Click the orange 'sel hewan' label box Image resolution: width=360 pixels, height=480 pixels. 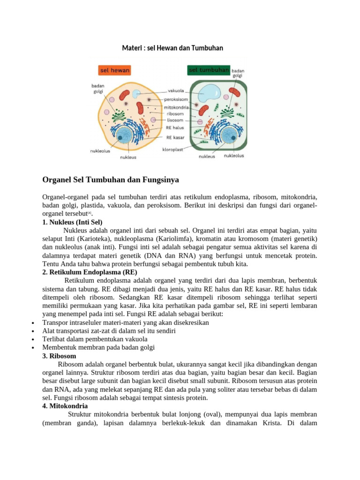click(x=114, y=70)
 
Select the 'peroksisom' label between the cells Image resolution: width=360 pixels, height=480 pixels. click(x=176, y=99)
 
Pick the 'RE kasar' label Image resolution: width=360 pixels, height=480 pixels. click(x=175, y=137)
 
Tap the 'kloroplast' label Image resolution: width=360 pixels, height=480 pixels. click(x=172, y=150)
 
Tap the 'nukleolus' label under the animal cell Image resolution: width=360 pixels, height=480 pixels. click(x=100, y=151)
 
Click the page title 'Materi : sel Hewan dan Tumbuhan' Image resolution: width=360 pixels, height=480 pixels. click(x=172, y=48)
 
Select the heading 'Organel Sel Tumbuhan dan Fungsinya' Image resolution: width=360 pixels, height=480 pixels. click(x=111, y=180)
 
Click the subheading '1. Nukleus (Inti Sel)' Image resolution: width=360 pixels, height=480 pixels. click(x=72, y=222)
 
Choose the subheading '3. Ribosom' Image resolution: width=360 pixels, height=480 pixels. click(x=59, y=356)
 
